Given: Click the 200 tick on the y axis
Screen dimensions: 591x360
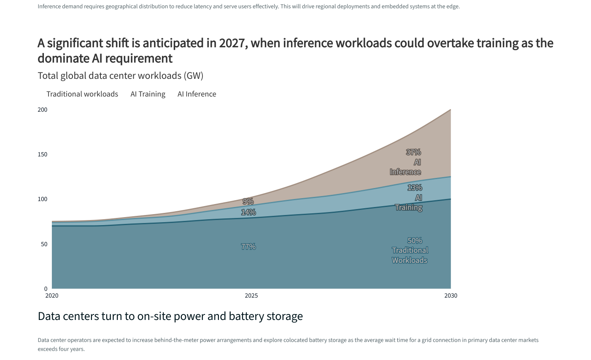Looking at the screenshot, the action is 43,110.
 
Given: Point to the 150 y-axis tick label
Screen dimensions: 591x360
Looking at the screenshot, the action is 43,154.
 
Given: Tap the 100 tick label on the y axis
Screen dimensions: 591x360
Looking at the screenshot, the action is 43,199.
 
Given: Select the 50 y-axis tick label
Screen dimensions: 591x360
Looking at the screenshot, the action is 44,244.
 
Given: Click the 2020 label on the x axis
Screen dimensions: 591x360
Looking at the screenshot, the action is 52,296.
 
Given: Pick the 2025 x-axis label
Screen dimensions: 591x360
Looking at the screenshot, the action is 251,296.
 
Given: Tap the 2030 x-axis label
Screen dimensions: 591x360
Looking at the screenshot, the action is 451,296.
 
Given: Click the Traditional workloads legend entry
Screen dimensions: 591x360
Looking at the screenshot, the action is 82,94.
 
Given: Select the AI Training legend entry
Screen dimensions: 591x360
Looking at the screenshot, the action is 148,94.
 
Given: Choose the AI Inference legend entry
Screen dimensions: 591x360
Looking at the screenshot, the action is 197,94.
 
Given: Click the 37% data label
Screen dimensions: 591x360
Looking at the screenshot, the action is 413,152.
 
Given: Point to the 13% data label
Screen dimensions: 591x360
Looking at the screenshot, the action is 415,188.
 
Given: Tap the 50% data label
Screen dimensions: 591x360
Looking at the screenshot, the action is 415,241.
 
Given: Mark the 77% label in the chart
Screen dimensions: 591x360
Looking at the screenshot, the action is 248,247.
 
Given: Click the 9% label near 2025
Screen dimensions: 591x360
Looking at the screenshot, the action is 248,201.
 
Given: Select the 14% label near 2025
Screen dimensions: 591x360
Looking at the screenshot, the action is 248,212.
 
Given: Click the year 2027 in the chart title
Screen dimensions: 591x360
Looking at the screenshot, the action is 232,43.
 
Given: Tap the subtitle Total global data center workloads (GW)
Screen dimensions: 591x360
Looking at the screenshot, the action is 121,76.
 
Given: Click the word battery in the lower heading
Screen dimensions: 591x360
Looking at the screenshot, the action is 246,316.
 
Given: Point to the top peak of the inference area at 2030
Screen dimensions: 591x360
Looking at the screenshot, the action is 451,110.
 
